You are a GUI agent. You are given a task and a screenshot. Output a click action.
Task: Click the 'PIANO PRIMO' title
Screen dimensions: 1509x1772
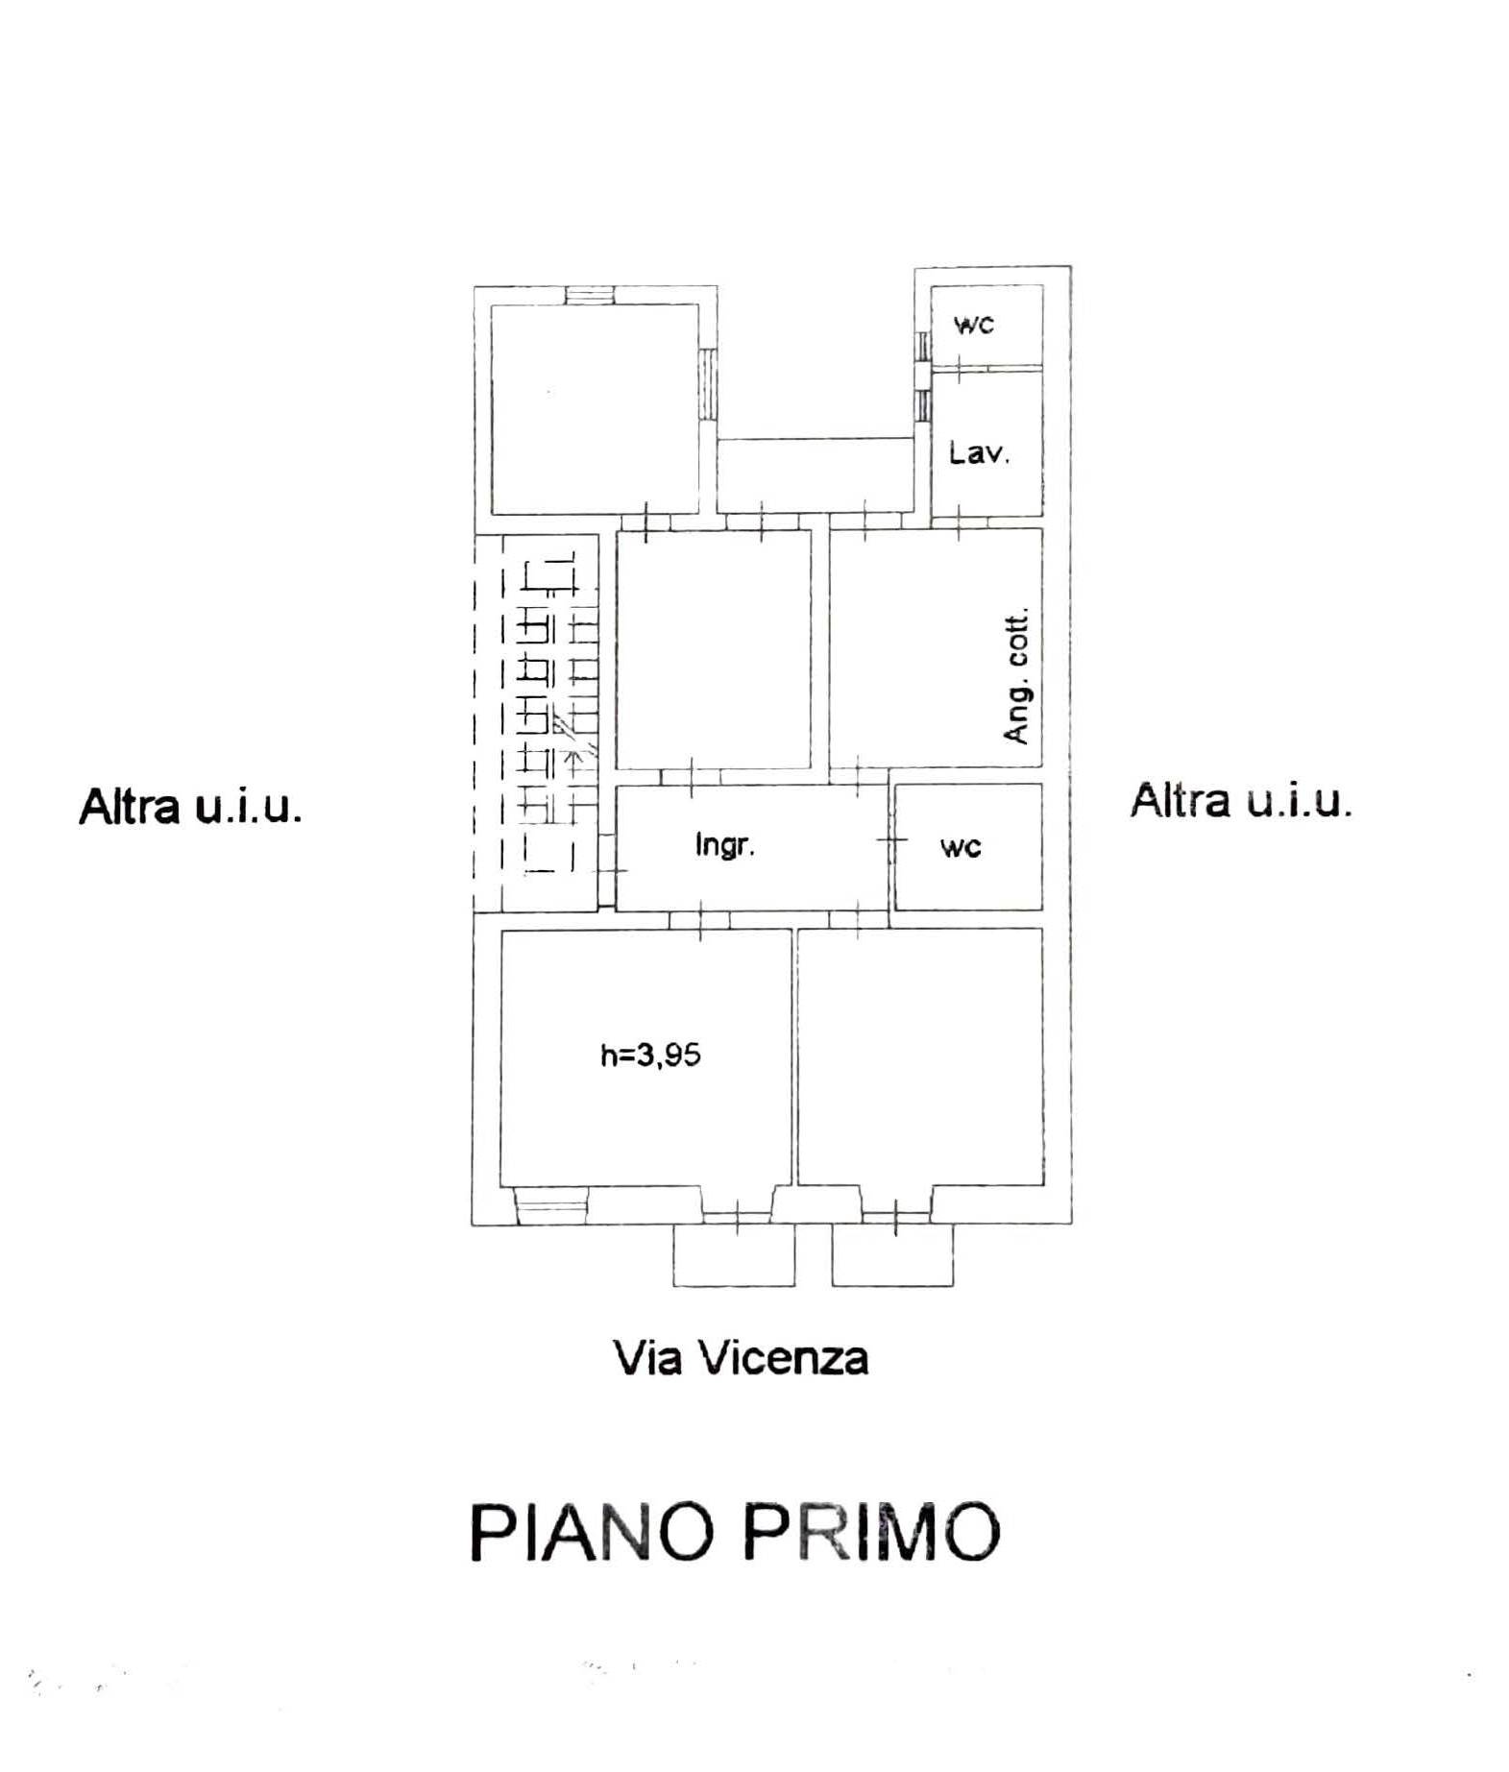click(x=735, y=1531)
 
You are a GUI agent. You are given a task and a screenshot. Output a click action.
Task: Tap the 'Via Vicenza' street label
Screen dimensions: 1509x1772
click(x=741, y=1358)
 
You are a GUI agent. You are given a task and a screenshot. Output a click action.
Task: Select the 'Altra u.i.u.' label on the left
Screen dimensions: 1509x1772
click(x=190, y=805)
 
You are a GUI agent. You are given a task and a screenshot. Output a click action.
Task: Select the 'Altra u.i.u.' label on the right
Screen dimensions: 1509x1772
click(x=1241, y=799)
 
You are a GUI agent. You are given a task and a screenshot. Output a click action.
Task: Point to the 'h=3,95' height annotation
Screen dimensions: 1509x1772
click(x=650, y=1055)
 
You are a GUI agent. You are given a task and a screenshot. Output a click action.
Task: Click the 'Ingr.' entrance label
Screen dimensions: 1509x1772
click(x=724, y=844)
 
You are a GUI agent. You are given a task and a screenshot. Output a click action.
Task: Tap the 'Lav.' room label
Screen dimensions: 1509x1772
click(x=979, y=451)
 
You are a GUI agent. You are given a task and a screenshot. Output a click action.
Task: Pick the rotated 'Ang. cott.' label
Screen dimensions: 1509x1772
click(x=1015, y=675)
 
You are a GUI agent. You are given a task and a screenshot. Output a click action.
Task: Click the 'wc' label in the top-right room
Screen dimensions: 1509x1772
click(x=973, y=324)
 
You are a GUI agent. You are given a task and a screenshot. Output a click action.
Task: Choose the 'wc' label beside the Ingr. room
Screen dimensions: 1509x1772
click(x=961, y=846)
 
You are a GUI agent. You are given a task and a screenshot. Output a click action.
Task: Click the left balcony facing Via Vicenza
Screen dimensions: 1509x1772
click(x=734, y=1254)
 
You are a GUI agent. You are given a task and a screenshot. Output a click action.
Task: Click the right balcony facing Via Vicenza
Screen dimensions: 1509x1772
click(x=892, y=1254)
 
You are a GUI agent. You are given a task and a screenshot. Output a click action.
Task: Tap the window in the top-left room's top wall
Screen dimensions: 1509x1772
click(x=594, y=295)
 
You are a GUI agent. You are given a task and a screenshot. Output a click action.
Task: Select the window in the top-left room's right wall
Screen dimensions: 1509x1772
click(x=708, y=382)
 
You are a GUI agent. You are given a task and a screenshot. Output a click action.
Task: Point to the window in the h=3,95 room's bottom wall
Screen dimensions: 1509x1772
click(x=551, y=1205)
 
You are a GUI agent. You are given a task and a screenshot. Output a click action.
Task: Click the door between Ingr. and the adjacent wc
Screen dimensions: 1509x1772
click(x=891, y=839)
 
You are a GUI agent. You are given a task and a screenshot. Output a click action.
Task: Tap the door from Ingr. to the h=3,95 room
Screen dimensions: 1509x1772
click(x=700, y=919)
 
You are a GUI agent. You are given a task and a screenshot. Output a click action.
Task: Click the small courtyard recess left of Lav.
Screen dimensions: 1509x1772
click(x=815, y=474)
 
